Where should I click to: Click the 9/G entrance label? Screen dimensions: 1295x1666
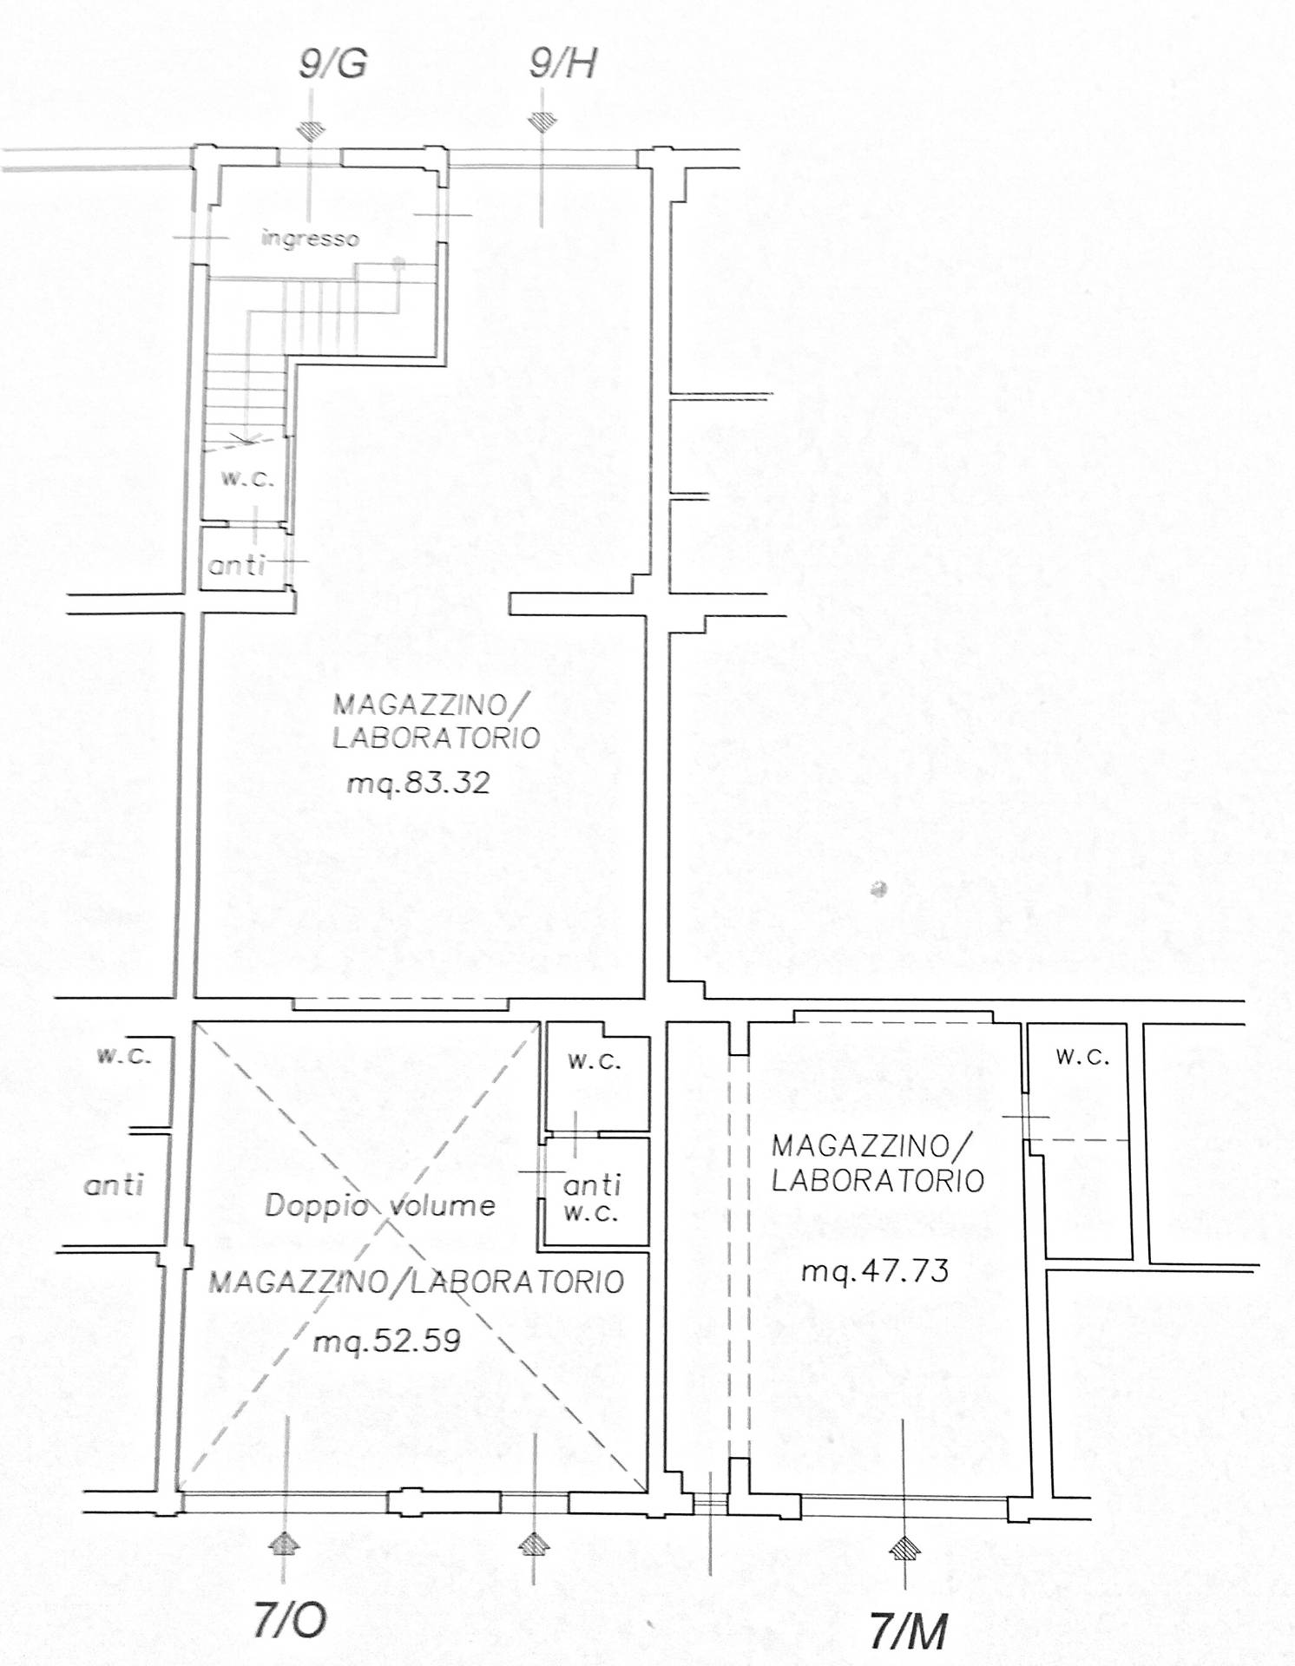(x=333, y=63)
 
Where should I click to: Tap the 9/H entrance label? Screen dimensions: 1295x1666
(x=563, y=63)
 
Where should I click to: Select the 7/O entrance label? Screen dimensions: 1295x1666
(x=290, y=1619)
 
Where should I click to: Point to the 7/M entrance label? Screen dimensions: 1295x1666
(x=908, y=1630)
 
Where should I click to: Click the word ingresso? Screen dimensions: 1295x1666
(x=310, y=238)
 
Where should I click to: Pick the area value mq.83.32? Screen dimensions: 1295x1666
(x=418, y=783)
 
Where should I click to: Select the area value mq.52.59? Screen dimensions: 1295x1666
(x=387, y=1341)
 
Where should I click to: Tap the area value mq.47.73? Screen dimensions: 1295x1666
(x=875, y=1272)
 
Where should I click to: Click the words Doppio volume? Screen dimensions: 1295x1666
(x=380, y=1205)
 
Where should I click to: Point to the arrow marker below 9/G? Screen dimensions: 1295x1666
(x=311, y=129)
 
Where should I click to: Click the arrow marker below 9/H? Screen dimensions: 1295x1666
(x=542, y=122)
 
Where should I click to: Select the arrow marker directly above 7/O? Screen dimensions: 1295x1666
(x=284, y=1543)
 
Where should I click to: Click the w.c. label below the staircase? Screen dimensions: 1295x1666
(x=247, y=478)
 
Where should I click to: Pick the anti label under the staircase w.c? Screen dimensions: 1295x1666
(x=236, y=566)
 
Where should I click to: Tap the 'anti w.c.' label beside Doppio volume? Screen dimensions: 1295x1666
(x=592, y=1198)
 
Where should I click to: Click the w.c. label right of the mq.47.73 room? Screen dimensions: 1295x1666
(x=1082, y=1057)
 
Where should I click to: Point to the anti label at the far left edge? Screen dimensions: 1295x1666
(x=114, y=1185)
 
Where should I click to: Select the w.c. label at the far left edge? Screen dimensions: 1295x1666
(x=124, y=1056)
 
